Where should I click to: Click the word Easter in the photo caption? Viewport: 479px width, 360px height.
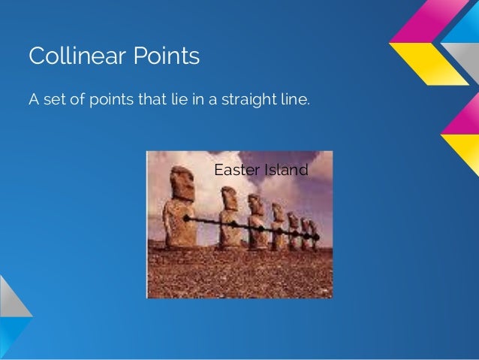234,170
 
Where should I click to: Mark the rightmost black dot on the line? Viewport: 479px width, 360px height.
316,237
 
